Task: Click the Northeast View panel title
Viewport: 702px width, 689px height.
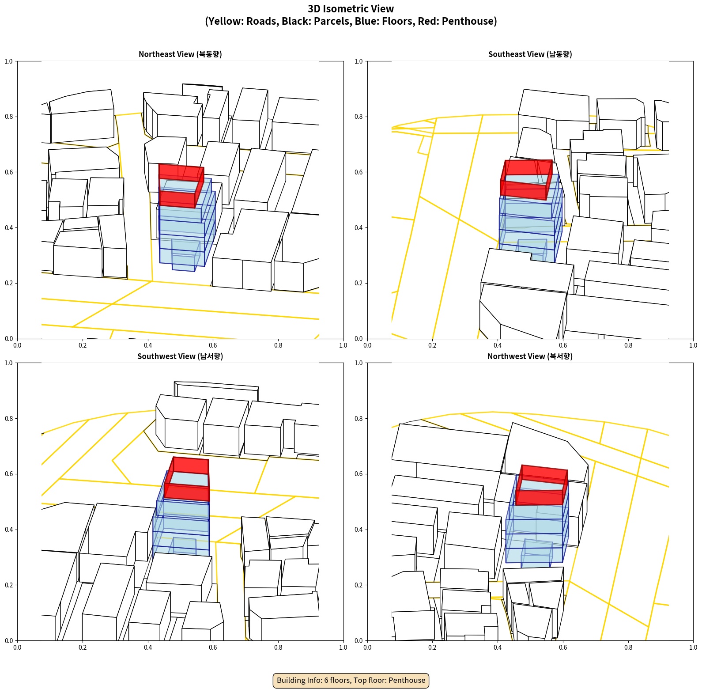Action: [x=180, y=54]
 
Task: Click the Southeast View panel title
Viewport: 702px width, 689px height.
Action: [x=530, y=54]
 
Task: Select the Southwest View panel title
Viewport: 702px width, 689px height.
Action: [x=180, y=356]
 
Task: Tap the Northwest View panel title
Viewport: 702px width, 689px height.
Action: [x=530, y=356]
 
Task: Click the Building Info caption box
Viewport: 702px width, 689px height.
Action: [x=351, y=680]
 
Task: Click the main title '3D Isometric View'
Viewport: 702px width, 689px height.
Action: [x=351, y=8]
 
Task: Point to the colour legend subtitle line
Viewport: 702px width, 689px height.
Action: [x=351, y=21]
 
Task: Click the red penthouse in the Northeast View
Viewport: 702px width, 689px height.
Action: [x=181, y=186]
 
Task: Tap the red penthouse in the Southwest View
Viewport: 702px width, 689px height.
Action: [x=187, y=479]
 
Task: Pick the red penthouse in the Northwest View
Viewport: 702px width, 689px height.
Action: [x=542, y=485]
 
